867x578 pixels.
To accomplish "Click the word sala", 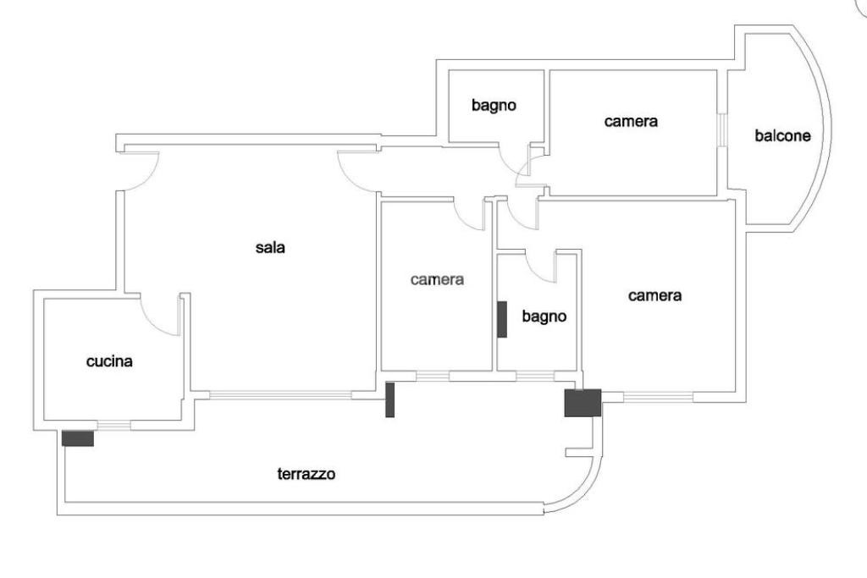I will (270, 248).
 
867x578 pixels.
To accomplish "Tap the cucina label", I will (109, 361).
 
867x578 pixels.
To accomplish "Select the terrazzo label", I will (306, 474).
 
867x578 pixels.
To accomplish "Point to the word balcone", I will (782, 135).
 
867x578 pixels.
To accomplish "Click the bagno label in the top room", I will (494, 106).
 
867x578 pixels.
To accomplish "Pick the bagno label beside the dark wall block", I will (544, 317).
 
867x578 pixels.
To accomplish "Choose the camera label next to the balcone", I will (631, 121).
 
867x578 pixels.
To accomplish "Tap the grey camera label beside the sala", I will (437, 278).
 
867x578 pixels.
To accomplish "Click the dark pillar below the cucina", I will (77, 438).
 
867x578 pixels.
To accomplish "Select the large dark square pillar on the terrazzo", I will (583, 403).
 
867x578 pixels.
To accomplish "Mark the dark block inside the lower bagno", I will (502, 319).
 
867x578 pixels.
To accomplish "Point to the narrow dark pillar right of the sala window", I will (390, 399).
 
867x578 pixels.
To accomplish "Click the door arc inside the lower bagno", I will (540, 267).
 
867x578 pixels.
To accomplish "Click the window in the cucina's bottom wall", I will (114, 425).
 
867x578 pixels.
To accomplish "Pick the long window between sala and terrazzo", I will (280, 394).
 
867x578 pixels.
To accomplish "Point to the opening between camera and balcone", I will (722, 130).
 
